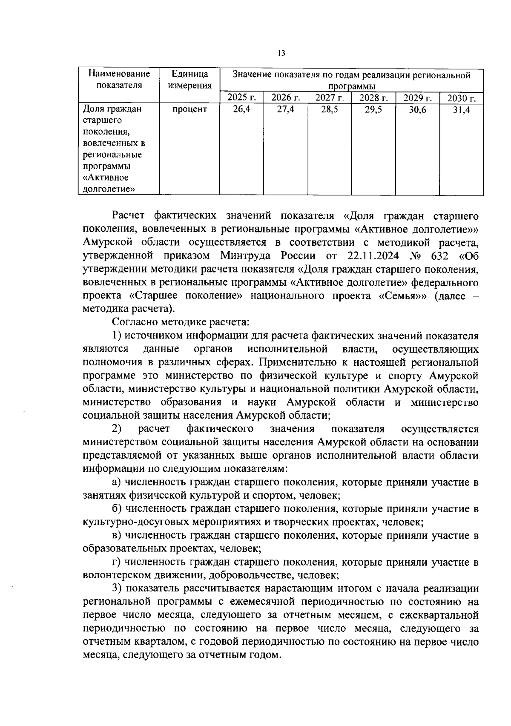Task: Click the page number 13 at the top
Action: [x=281, y=53]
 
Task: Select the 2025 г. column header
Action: [x=241, y=98]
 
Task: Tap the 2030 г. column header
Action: [x=461, y=99]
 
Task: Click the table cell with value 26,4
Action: [x=241, y=109]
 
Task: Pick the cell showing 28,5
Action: [x=329, y=109]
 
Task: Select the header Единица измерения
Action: [x=189, y=80]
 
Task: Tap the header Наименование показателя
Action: [x=119, y=80]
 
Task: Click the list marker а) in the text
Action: [x=117, y=482]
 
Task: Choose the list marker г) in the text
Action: [x=116, y=562]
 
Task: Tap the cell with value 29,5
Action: [x=373, y=109]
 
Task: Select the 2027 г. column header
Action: [x=329, y=98]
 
